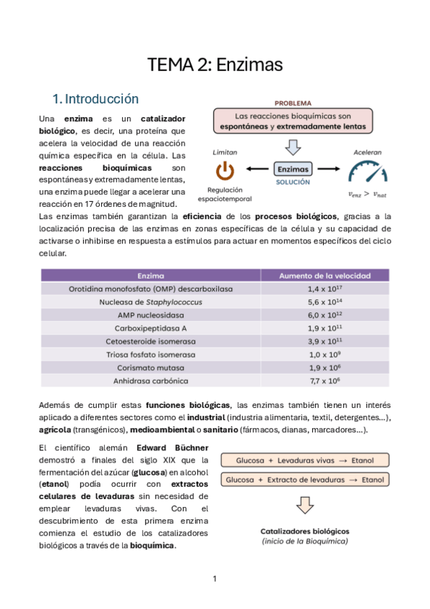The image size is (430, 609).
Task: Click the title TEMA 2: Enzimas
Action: pos(215,65)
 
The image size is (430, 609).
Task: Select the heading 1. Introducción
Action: pos(95,98)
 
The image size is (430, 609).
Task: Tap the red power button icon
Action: pos(225,171)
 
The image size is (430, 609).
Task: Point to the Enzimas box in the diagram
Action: pos(294,169)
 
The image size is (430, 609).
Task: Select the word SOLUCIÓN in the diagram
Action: pos(293,182)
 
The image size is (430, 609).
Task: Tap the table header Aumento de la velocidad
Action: pos(324,275)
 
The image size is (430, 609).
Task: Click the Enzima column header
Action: pos(151,275)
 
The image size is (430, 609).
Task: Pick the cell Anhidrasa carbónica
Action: pos(151,381)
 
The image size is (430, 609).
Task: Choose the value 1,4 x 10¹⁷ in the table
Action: pos(324,289)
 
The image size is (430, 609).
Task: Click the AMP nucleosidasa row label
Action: pos(151,315)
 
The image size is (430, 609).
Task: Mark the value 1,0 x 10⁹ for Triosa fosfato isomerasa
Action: pos(324,355)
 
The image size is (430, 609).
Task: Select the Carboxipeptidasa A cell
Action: pos(151,328)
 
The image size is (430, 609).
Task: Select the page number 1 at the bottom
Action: pos(215,579)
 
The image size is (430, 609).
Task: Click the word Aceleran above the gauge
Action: pos(367,152)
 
